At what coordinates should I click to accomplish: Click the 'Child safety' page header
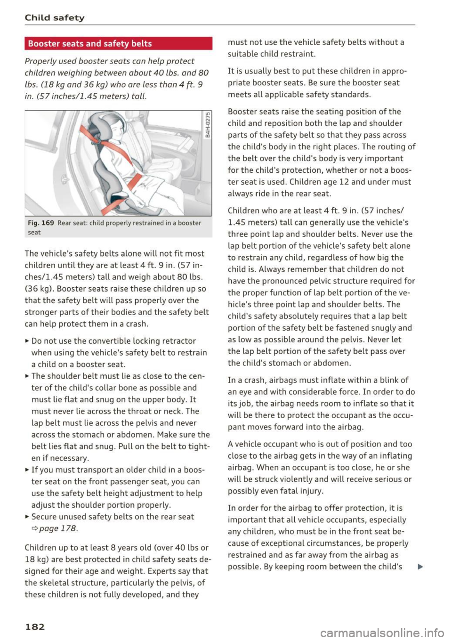55,18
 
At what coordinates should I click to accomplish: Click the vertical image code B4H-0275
207,128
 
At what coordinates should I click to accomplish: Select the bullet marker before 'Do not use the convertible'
27,341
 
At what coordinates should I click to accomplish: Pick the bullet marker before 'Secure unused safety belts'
27,517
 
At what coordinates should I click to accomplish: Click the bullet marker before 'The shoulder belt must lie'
27,376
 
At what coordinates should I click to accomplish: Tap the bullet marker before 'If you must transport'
27,470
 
